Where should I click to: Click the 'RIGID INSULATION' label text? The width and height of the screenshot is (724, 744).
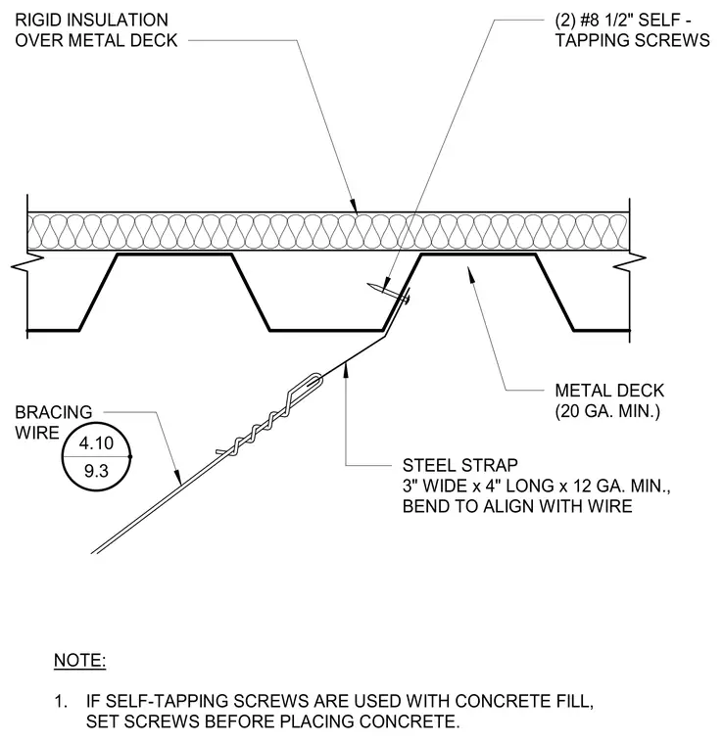tap(92, 20)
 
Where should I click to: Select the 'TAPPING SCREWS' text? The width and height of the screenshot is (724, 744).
tap(632, 40)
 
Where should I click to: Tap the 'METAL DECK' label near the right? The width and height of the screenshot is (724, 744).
tap(609, 391)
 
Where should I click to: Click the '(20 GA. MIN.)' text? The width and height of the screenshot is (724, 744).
tap(607, 411)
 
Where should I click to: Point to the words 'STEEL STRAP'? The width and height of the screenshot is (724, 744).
tap(460, 465)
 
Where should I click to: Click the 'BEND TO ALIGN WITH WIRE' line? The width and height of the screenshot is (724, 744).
tap(517, 506)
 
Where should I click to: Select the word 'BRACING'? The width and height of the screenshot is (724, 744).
tap(54, 412)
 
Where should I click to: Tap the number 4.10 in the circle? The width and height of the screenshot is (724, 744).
tap(96, 443)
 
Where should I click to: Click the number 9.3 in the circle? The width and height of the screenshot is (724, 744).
tap(96, 471)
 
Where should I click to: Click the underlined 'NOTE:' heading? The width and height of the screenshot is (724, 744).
tap(79, 660)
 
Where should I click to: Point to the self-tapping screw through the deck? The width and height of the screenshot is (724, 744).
tap(388, 292)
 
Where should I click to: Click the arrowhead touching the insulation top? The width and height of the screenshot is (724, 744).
tap(354, 206)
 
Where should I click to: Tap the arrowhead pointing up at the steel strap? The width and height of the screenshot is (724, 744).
tap(346, 369)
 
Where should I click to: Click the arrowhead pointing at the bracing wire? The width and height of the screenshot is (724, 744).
tap(177, 478)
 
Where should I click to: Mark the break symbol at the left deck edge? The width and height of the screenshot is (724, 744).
tap(27, 263)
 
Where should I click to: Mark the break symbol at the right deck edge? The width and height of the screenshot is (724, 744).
tap(630, 262)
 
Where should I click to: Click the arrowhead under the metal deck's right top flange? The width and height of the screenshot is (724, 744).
tap(471, 275)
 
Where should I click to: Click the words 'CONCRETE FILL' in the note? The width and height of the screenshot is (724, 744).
tap(524, 701)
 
